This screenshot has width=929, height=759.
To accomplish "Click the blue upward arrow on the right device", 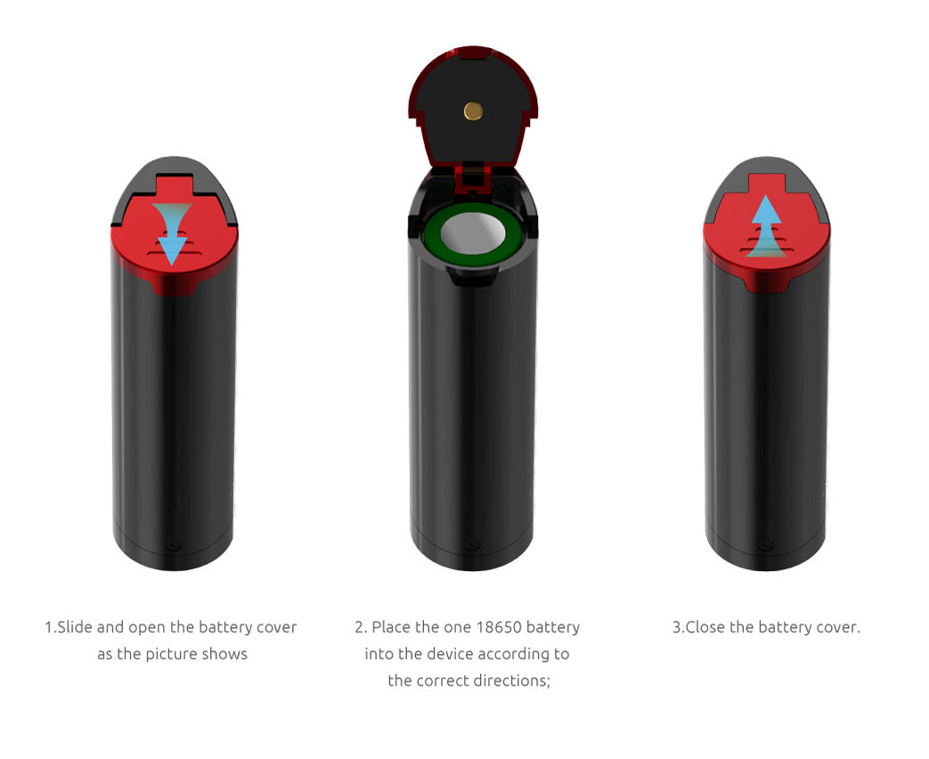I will tap(764, 226).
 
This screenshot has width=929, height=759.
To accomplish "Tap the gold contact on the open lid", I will tap(473, 110).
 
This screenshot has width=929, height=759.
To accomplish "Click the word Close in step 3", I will tap(705, 627).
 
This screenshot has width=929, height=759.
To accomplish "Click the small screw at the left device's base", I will tap(175, 544).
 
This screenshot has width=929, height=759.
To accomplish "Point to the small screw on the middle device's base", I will tap(472, 544).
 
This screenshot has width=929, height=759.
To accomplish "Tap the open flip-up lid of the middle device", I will tap(473, 98).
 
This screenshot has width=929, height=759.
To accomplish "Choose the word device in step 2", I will tap(450, 654).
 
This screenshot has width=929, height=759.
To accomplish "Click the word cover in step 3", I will tap(837, 627).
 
